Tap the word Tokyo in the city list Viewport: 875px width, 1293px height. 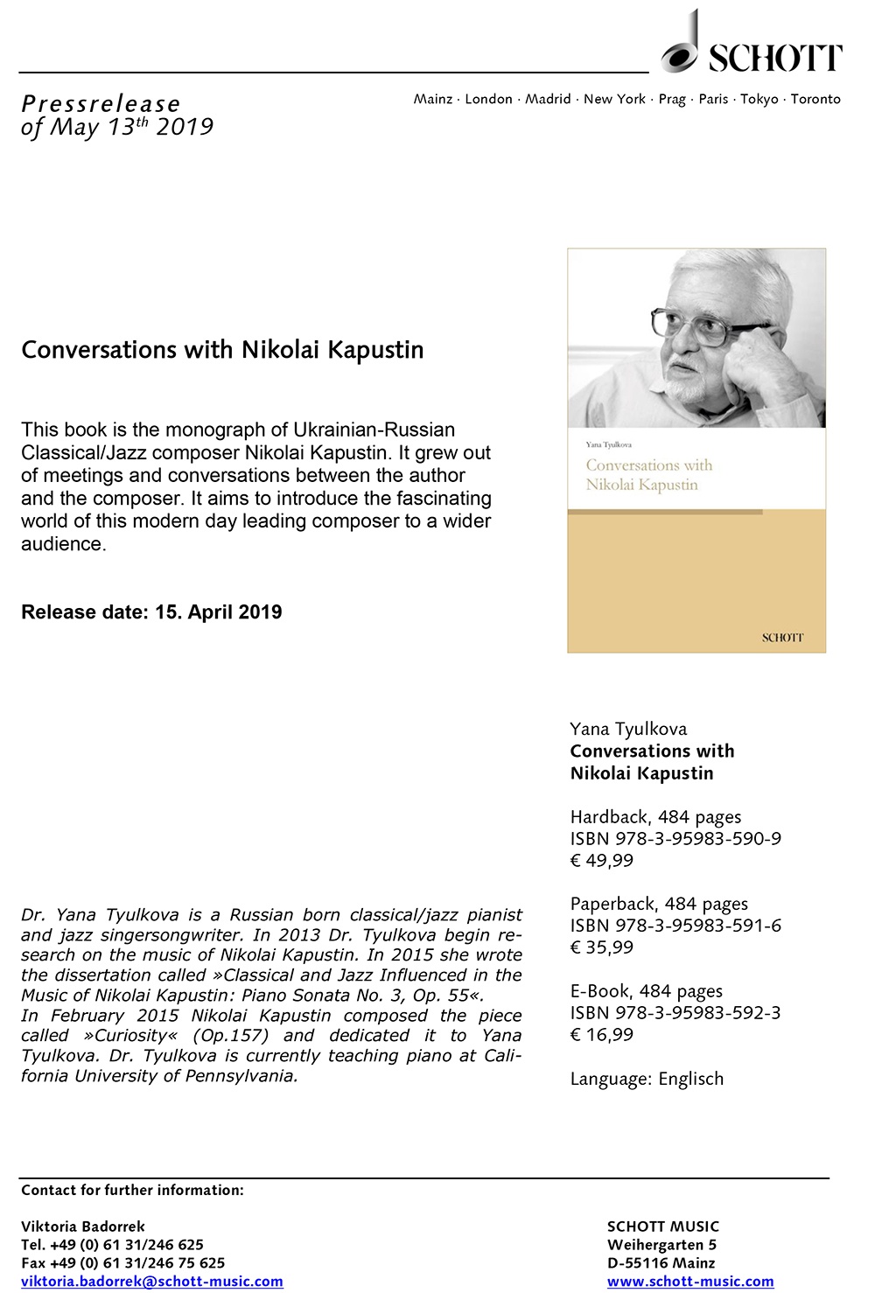[x=759, y=99]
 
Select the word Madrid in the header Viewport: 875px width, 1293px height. [x=548, y=99]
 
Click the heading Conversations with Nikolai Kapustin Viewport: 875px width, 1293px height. [x=222, y=350]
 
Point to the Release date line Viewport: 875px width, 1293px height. [x=151, y=612]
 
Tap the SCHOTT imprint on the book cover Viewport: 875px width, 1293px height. [x=781, y=638]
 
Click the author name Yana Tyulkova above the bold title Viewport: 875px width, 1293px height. [x=628, y=729]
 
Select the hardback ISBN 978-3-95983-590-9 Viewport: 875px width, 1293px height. [x=675, y=838]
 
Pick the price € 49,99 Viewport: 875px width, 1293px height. [x=601, y=860]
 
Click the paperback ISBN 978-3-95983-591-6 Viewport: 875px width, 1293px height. [x=675, y=926]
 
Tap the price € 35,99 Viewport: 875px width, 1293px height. [x=601, y=947]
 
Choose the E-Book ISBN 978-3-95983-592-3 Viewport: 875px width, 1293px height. [x=675, y=1013]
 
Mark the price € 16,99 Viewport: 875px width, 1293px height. [x=601, y=1035]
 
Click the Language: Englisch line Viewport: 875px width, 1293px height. [x=647, y=1079]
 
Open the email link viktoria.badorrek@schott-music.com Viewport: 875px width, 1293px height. [x=152, y=1282]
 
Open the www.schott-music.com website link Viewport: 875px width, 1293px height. [x=690, y=1282]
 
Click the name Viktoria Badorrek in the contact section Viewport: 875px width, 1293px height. [x=83, y=1227]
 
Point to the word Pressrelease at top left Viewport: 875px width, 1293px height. [x=101, y=104]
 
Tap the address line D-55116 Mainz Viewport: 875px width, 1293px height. [x=661, y=1263]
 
